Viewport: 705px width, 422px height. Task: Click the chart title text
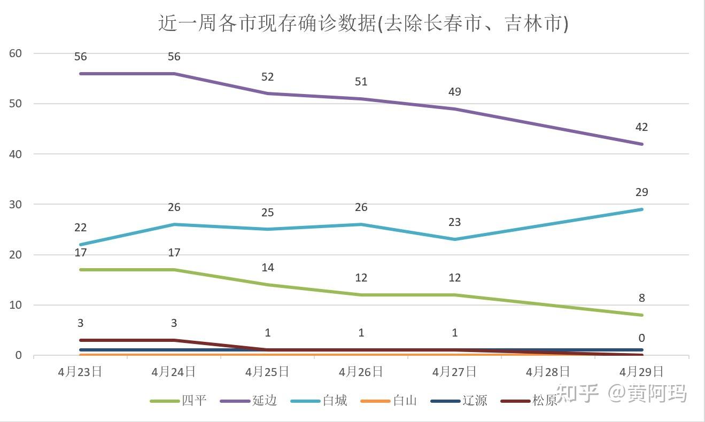point(363,24)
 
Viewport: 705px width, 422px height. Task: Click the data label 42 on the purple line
point(641,127)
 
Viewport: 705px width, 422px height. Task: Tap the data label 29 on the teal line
point(641,192)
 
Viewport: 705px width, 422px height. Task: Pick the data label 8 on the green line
point(641,298)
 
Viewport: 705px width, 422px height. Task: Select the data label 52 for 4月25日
point(267,77)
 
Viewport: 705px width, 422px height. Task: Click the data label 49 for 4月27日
point(454,92)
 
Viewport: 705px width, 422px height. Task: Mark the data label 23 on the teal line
point(454,222)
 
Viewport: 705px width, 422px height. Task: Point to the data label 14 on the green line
point(267,268)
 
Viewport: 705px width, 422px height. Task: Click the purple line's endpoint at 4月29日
point(641,144)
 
